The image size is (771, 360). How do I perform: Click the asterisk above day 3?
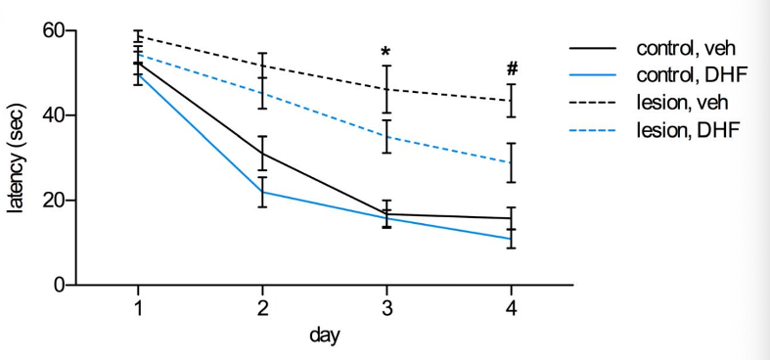pos(386,51)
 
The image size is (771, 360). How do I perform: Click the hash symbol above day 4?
pos(512,69)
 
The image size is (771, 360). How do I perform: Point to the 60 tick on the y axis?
pos(53,30)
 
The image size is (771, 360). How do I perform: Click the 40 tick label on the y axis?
pos(53,115)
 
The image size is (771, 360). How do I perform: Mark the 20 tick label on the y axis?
pos(53,201)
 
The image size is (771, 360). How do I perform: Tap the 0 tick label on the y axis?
pos(60,286)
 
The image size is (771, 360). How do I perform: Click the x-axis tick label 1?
pos(139,308)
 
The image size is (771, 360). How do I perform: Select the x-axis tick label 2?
pos(263,308)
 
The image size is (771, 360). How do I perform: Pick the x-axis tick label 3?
pos(387,308)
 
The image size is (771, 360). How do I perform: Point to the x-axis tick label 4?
pos(512,308)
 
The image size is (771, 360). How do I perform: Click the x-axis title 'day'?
pos(325,336)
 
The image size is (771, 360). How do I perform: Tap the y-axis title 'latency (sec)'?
pos(17,157)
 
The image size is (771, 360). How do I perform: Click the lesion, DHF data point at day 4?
pos(512,162)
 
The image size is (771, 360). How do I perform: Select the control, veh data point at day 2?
pos(263,154)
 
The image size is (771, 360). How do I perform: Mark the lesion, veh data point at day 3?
pos(387,89)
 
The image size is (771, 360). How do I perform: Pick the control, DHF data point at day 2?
pos(263,192)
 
